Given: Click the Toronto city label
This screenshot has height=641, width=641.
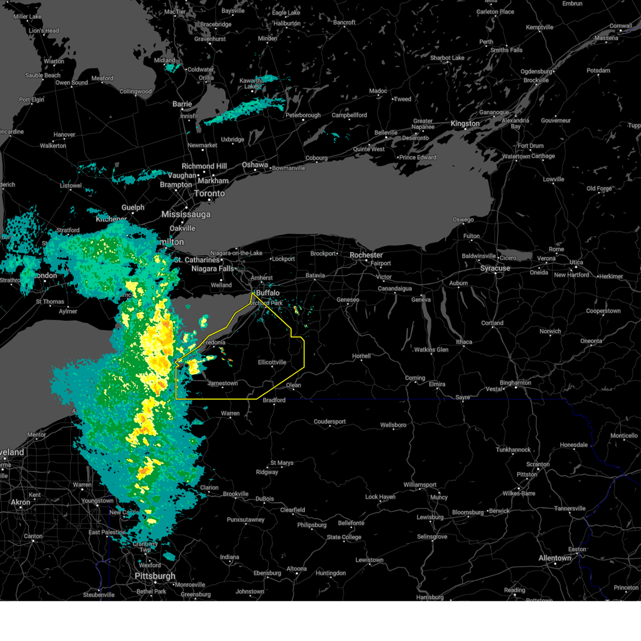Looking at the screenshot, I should point(209,193).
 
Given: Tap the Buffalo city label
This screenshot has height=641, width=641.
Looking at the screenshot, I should point(268,293).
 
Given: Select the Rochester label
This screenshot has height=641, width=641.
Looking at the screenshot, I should point(366,255).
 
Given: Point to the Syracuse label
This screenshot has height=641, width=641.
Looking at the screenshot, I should point(495,268).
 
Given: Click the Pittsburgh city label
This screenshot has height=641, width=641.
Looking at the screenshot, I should point(155,576).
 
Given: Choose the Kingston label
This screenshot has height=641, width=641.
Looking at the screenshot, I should point(465,123).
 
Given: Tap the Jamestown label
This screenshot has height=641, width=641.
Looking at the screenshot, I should point(223,384).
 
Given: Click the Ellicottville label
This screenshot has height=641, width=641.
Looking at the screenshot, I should point(272,362).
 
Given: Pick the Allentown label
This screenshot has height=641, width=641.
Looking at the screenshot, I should point(555,558).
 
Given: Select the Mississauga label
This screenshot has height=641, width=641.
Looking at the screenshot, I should point(186,214).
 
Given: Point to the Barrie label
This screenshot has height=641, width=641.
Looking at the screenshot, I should point(182,104).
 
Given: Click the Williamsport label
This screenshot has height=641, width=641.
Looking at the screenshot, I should point(420,485).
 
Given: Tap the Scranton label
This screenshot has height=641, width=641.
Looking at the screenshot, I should point(538,464).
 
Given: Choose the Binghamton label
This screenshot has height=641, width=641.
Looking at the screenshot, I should point(515,382).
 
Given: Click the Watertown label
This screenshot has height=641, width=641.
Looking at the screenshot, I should point(516,157).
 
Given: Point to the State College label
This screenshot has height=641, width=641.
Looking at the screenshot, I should point(344,537).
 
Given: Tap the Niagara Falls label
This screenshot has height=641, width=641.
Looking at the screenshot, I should point(213,269).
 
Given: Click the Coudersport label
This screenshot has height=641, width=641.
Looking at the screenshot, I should point(330,421).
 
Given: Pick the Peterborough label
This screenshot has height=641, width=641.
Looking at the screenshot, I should point(303,115).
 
